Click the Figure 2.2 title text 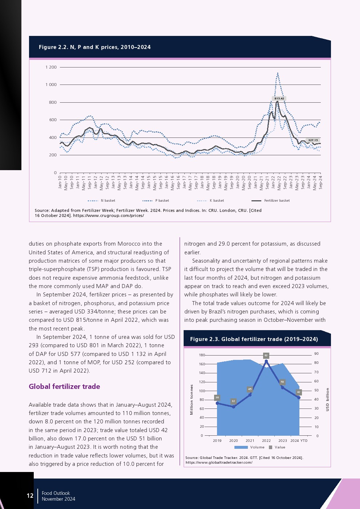click(x=95, y=47)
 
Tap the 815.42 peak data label click(x=279, y=99)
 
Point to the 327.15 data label click(x=312, y=140)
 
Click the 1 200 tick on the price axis click(x=51, y=67)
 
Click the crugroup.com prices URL click(x=109, y=215)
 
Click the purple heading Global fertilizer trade click(x=65, y=386)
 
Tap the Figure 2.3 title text click(x=254, y=339)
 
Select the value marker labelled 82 click(x=266, y=356)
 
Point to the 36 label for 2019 click(x=217, y=398)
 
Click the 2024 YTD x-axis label click(x=299, y=441)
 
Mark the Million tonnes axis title click(x=192, y=399)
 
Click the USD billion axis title click(x=327, y=399)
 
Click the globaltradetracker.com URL click(x=219, y=463)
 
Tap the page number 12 click(x=30, y=496)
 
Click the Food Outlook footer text click(x=56, y=493)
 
